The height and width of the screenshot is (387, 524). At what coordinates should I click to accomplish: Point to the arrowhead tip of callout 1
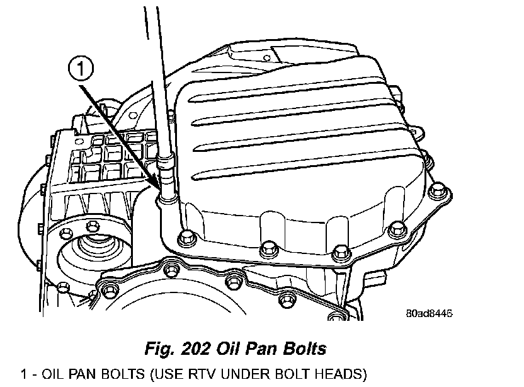tap(158, 187)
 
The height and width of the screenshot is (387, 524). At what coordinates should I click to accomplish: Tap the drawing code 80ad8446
tap(429, 313)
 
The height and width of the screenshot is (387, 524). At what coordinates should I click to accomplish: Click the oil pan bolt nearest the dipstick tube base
tap(186, 237)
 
